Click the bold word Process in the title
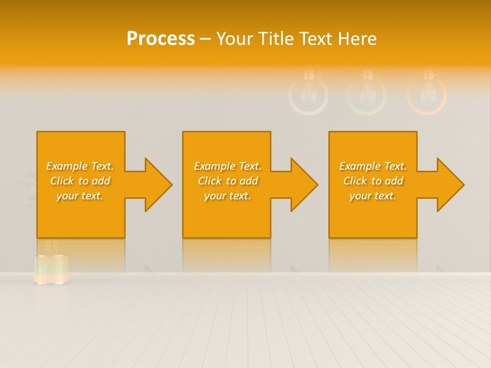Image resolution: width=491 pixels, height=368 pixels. click(161, 38)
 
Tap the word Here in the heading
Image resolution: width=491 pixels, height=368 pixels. click(358, 38)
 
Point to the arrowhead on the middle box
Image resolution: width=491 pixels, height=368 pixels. click(303, 185)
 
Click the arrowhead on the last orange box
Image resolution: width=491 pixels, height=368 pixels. click(449, 185)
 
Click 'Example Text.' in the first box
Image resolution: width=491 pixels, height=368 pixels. click(80, 166)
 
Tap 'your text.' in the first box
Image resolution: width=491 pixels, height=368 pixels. click(80, 196)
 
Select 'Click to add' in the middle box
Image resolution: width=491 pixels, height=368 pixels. click(228, 181)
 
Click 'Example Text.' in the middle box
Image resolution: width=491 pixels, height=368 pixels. click(228, 166)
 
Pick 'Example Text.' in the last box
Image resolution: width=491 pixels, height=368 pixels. click(373, 166)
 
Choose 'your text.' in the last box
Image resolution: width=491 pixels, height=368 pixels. click(373, 196)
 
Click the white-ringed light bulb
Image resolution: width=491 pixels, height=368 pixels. click(308, 94)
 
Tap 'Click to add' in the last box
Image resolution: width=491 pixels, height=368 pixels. click(373, 181)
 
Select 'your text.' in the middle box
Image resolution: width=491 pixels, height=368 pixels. click(228, 196)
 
